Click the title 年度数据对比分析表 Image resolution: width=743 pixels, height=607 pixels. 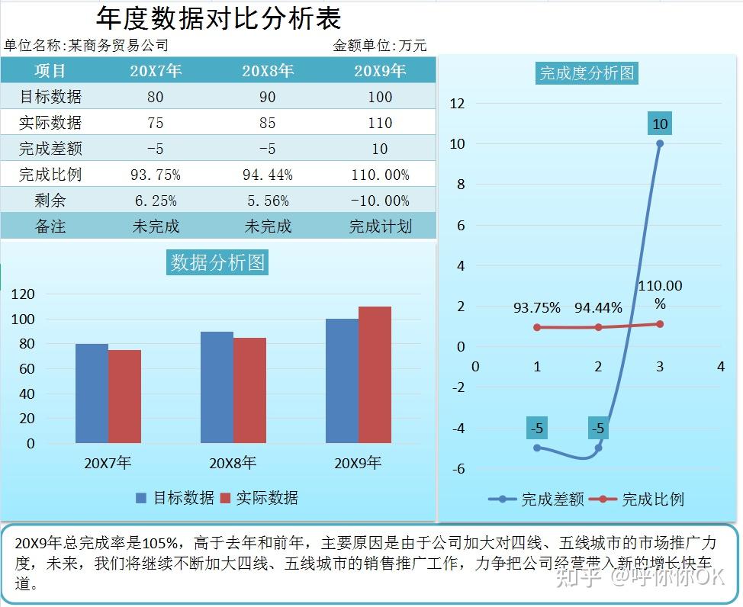point(219,18)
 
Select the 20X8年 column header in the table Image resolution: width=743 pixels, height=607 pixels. point(268,72)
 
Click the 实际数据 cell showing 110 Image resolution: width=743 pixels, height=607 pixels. point(380,123)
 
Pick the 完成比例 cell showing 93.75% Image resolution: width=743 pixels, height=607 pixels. point(156,175)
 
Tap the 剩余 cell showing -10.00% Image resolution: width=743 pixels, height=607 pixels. point(380,201)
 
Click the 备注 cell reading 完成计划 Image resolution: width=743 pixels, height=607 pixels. point(380,226)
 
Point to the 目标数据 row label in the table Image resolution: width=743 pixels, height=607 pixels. point(50,97)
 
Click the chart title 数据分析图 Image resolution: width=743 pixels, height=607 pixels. point(218,262)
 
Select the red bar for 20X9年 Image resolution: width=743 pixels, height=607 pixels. point(375,374)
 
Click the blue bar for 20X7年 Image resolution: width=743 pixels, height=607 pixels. point(92,393)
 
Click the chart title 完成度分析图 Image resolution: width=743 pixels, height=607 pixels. point(587,73)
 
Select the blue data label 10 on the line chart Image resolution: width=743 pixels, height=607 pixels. point(660,124)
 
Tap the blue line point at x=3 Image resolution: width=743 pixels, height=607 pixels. point(660,143)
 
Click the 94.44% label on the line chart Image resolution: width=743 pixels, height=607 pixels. point(598,308)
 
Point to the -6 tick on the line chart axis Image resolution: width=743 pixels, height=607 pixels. point(458,468)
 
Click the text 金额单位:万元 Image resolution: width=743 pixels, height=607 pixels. point(380,46)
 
